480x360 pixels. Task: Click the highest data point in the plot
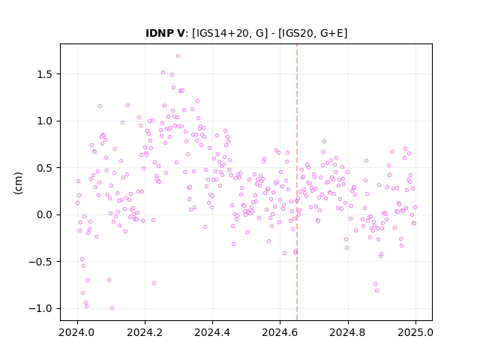pos(178,56)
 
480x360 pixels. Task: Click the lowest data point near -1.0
pos(112,308)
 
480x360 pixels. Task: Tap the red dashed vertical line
pos(297,182)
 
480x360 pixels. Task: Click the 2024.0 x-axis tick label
pos(77,332)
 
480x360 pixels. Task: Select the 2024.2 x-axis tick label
pos(145,332)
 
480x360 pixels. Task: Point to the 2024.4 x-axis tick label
pos(212,332)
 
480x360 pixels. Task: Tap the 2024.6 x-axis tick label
pos(280,332)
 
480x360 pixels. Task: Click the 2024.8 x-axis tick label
pos(348,332)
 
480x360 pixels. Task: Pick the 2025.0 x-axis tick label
pos(415,332)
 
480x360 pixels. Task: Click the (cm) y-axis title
pos(18,183)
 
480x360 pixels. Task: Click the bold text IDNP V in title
pos(165,33)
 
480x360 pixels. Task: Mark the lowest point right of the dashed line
pos(376,290)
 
